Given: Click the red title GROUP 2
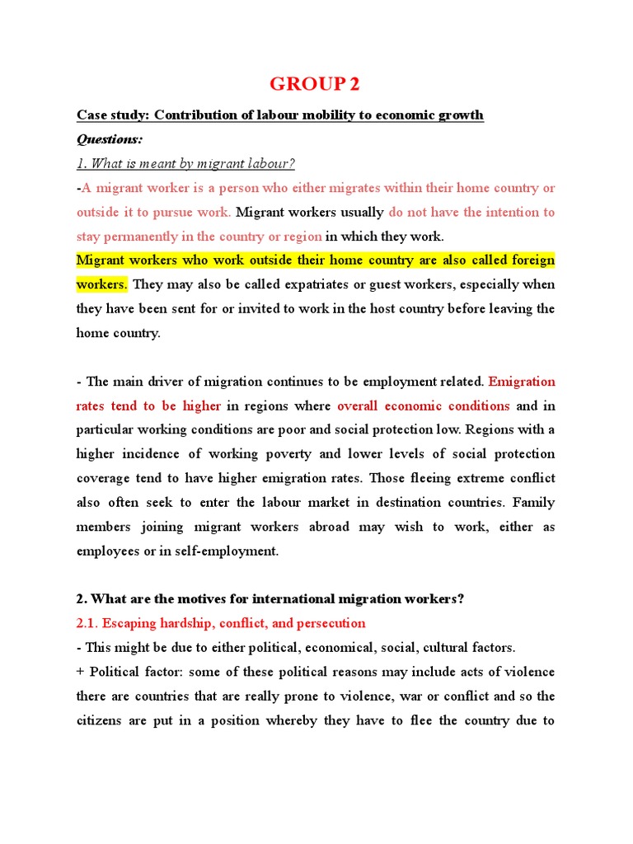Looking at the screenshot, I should [x=316, y=84].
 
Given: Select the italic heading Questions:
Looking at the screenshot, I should [x=110, y=138].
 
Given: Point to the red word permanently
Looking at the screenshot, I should [x=145, y=237].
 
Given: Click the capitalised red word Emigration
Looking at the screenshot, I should [x=522, y=382].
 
